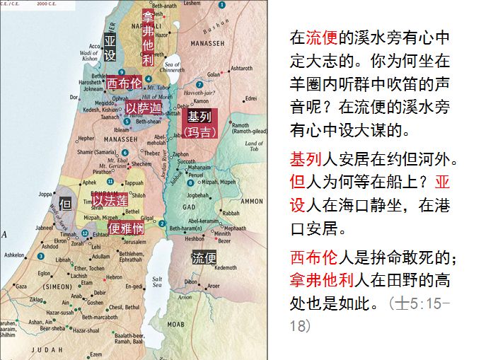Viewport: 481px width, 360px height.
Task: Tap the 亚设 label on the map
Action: pos(110,47)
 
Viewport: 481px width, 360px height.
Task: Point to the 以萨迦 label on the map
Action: pos(144,108)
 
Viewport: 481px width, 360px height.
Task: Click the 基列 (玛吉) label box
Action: pos(199,122)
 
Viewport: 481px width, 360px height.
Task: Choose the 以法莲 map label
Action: pos(110,201)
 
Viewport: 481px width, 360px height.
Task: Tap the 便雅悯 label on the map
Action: pos(127,228)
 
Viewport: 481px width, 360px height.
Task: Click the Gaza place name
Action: pos(21,286)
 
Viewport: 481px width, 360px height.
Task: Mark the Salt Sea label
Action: pos(157,281)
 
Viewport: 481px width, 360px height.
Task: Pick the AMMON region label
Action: pos(251,201)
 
